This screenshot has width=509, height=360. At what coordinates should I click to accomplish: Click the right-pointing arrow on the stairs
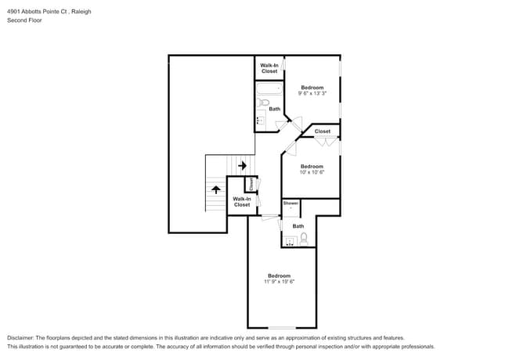[243, 166]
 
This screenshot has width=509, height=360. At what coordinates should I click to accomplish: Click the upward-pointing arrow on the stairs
[216, 189]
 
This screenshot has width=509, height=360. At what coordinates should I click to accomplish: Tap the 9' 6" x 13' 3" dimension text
[312, 93]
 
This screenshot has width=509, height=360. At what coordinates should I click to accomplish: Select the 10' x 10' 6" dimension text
[312, 172]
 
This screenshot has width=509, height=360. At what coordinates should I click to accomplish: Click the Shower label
[291, 203]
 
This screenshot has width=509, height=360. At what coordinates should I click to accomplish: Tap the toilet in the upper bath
[264, 103]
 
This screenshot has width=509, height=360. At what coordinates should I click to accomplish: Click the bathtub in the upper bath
[269, 88]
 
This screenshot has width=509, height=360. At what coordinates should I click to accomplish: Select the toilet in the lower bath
[305, 239]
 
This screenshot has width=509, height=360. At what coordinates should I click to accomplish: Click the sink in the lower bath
[291, 240]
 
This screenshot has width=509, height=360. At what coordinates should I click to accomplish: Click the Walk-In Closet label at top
[269, 68]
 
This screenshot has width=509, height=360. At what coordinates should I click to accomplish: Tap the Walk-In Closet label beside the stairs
[241, 202]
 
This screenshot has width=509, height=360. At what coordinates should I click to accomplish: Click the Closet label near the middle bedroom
[322, 131]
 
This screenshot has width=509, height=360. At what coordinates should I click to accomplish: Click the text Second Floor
[25, 20]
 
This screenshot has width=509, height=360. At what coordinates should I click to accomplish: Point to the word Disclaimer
[21, 337]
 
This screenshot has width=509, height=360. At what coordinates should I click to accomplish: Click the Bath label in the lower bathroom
[298, 226]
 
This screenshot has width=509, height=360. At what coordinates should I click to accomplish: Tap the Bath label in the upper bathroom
[274, 109]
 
